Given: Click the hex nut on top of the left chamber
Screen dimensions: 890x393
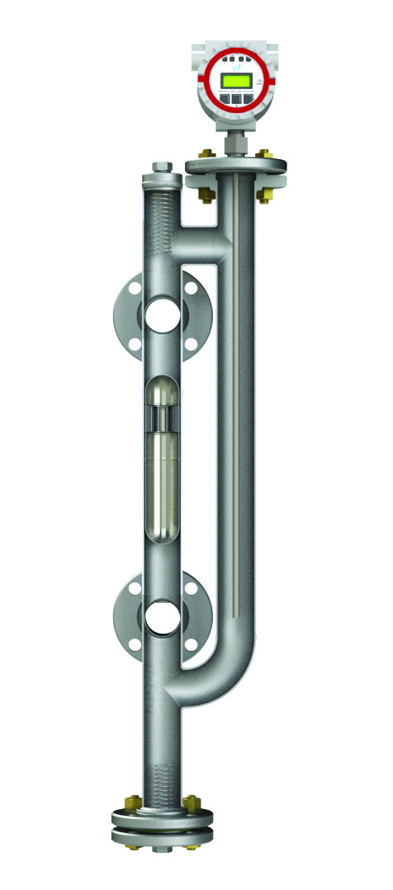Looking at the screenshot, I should [x=162, y=168].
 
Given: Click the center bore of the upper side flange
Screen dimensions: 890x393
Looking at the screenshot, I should [x=162, y=314].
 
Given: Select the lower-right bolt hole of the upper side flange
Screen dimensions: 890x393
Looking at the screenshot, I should [x=191, y=343].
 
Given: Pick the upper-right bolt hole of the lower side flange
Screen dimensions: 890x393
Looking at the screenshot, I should [x=191, y=591].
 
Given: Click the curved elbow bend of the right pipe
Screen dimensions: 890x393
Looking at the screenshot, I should [x=231, y=676].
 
